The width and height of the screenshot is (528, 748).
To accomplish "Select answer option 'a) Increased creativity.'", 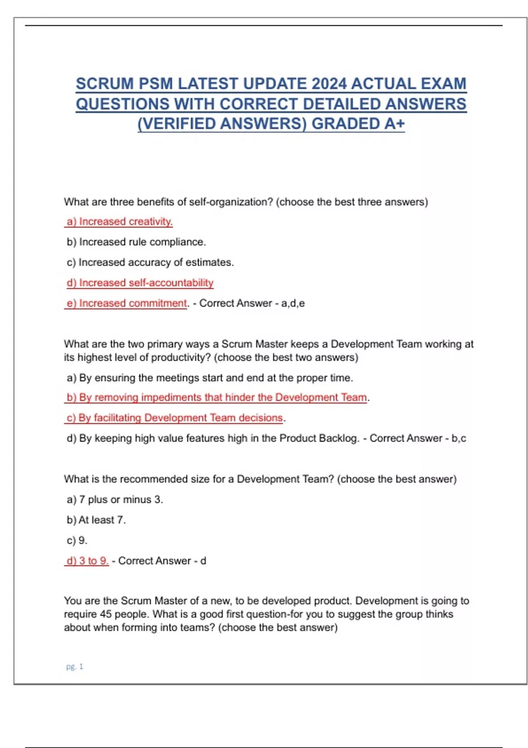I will click(x=119, y=221).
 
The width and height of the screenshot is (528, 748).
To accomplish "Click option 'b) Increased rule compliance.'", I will click(x=136, y=242).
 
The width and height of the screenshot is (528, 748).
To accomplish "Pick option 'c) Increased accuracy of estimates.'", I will click(x=150, y=262).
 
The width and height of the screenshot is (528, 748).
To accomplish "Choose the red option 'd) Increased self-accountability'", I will click(x=140, y=282).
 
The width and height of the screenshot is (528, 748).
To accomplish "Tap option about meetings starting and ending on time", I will click(x=210, y=378).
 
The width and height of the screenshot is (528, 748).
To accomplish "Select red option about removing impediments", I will click(x=216, y=397).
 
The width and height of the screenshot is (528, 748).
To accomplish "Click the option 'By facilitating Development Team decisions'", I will click(x=175, y=418).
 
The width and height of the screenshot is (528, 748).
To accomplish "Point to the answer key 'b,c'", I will click(x=458, y=438).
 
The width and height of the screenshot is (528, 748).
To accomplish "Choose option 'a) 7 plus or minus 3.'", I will click(x=115, y=499).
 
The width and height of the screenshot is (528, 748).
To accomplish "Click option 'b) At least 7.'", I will click(x=96, y=520).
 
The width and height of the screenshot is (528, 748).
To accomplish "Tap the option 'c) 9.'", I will click(x=77, y=540).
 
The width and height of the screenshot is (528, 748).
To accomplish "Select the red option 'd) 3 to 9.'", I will click(x=87, y=561).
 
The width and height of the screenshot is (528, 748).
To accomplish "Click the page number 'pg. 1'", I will click(x=74, y=667).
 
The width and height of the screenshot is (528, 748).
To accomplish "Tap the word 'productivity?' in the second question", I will click(x=182, y=357).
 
